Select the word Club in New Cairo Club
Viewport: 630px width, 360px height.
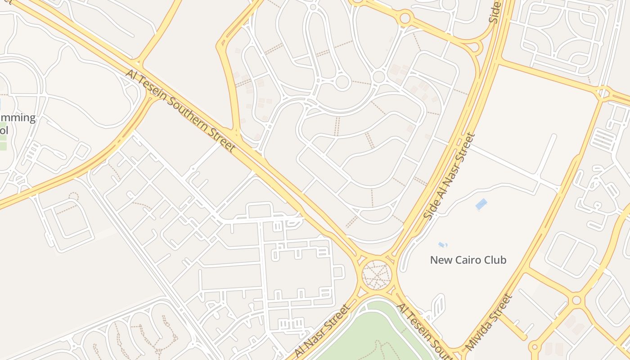[495, 260]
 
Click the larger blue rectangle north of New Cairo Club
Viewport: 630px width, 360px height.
[481, 204]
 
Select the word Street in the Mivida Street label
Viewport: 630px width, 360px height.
[501, 305]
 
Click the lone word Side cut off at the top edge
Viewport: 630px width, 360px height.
[495, 11]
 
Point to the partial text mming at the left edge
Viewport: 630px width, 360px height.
[18, 118]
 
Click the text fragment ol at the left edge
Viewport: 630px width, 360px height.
[4, 130]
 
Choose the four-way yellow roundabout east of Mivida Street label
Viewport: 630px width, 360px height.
[576, 300]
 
